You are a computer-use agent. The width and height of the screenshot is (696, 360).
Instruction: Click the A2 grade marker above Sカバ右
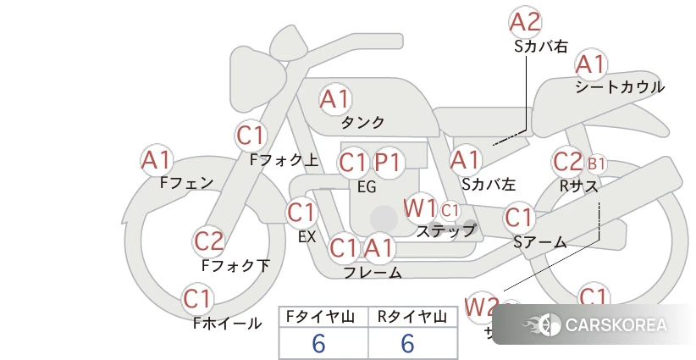pos(525,22)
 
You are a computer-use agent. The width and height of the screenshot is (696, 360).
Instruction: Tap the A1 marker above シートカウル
pos(591,64)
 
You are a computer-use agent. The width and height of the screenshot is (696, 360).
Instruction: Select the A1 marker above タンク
pos(335,99)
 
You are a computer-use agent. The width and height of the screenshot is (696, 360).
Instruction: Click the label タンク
pos(362,122)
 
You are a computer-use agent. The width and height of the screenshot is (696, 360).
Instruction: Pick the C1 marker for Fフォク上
pos(251,135)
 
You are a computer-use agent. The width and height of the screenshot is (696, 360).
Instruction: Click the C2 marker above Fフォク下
pos(209,241)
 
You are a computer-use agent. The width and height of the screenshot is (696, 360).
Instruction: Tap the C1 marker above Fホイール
pos(198,299)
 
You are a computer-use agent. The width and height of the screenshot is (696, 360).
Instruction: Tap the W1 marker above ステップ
pos(420,207)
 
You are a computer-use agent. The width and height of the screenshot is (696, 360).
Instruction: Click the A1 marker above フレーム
pos(380,248)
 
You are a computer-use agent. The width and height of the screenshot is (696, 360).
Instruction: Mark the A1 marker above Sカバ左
pos(466,158)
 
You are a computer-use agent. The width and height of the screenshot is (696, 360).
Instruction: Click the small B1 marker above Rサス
pos(597,163)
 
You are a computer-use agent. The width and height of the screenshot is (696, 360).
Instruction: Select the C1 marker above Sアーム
pos(520,218)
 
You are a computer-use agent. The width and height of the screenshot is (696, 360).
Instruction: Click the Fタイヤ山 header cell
pos(323,317)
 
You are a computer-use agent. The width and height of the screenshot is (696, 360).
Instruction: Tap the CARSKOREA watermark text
pos(616,324)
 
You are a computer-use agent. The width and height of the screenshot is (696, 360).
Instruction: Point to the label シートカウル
pos(619,86)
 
